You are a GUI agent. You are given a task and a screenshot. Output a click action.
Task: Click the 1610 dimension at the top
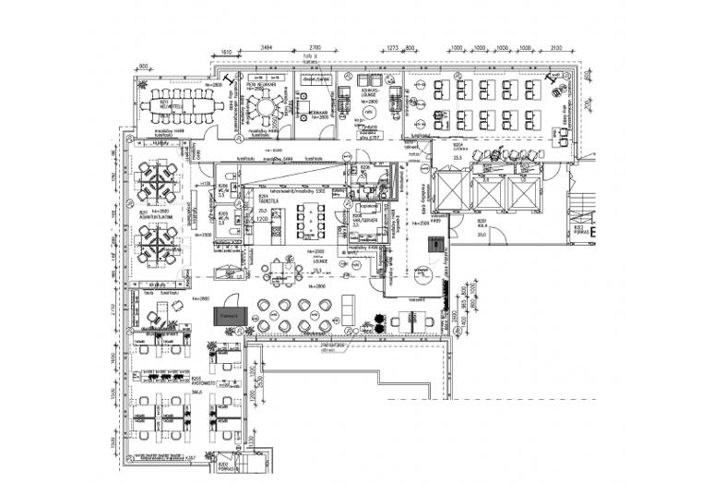click(x=224, y=54)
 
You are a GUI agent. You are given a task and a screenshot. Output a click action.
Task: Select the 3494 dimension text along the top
click(x=267, y=46)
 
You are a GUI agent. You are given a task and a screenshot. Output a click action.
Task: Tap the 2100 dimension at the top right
click(x=555, y=46)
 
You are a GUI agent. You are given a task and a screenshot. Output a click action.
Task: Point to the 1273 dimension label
click(x=391, y=46)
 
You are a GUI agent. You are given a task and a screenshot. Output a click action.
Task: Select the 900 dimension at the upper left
click(x=144, y=67)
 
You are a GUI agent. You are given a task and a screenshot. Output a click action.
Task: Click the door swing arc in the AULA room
click(x=422, y=275)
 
